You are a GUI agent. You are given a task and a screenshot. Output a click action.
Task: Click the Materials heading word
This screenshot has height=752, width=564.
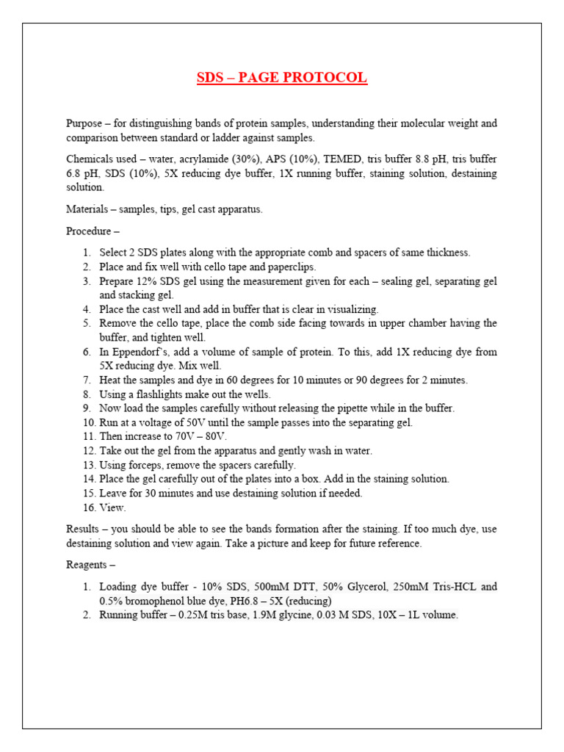click(x=89, y=209)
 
